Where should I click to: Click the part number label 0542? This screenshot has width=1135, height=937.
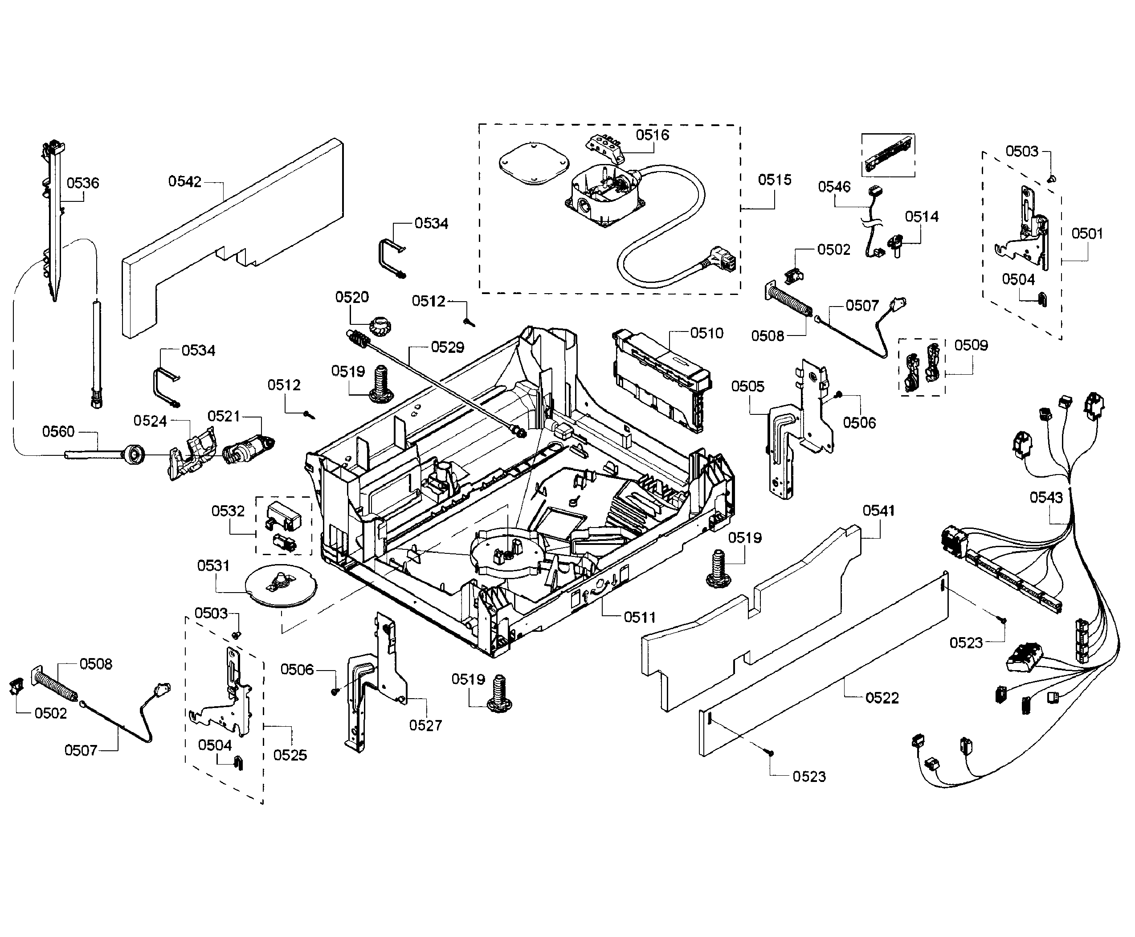tap(184, 181)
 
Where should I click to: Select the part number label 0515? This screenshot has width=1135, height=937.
tap(775, 180)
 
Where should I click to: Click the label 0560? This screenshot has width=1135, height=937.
tap(58, 431)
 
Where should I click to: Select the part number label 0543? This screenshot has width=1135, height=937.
tap(1046, 497)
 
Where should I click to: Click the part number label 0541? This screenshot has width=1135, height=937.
tap(878, 510)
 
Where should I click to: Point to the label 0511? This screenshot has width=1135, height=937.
tap(640, 617)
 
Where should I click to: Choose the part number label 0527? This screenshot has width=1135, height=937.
tap(425, 725)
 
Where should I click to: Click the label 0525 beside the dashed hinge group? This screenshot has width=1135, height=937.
tap(290, 755)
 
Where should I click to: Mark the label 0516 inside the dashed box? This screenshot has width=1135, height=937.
tap(652, 135)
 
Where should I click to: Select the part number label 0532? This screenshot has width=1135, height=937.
tap(228, 511)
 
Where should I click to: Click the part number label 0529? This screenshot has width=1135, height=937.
tap(447, 347)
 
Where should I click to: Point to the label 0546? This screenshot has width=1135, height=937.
tap(834, 187)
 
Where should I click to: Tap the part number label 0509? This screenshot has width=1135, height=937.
tap(971, 345)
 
